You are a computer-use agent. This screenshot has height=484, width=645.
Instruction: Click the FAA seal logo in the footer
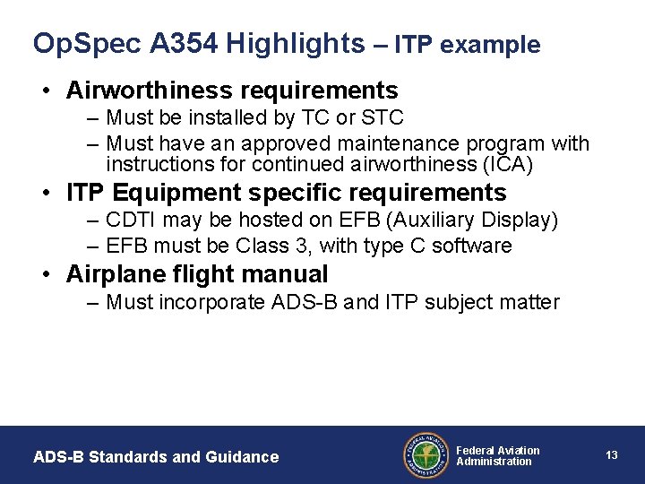[427, 455]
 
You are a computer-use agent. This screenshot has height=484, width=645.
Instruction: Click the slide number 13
[612, 455]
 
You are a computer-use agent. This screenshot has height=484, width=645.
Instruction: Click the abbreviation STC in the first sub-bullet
[384, 117]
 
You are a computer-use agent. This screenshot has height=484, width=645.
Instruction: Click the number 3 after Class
[286, 246]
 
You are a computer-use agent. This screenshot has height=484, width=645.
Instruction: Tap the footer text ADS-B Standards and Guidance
[156, 457]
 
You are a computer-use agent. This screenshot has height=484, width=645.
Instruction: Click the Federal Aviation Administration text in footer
[498, 455]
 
